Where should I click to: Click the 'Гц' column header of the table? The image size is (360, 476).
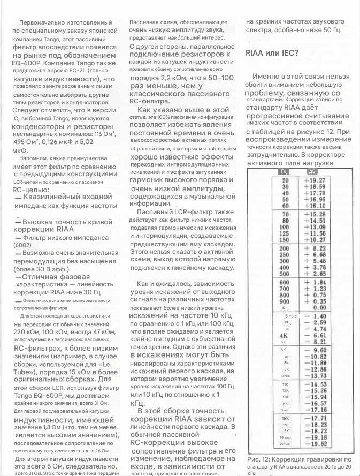pos(285,171)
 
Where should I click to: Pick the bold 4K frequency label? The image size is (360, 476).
pos(284,335)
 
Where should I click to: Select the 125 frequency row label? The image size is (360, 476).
pos(285,233)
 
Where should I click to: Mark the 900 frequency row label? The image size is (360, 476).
pos(285,301)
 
